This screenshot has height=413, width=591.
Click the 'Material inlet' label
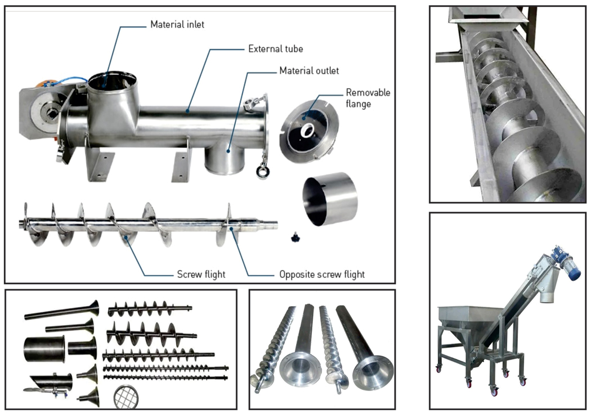pyautogui.click(x=177, y=25)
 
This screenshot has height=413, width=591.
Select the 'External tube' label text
pyautogui.click(x=275, y=49)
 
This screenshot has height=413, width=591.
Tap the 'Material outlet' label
pyautogui.click(x=309, y=71)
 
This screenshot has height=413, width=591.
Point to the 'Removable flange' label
pyautogui.click(x=368, y=98)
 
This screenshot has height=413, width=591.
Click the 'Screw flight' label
pyautogui.click(x=201, y=275)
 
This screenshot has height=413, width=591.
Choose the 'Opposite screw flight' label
pyautogui.click(x=322, y=275)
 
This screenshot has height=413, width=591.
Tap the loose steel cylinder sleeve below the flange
pyautogui.click(x=330, y=200)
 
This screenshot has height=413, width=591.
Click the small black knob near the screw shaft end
pyautogui.click(x=294, y=239)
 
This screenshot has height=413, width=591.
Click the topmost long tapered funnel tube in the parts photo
pyautogui.click(x=62, y=311)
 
